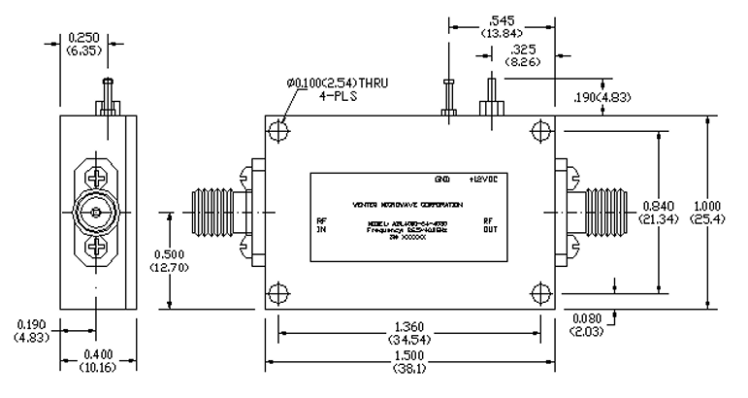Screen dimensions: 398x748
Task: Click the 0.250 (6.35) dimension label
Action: (x=83, y=42)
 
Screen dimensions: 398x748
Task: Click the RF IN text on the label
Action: (x=322, y=226)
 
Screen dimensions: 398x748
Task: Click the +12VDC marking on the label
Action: (x=483, y=182)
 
